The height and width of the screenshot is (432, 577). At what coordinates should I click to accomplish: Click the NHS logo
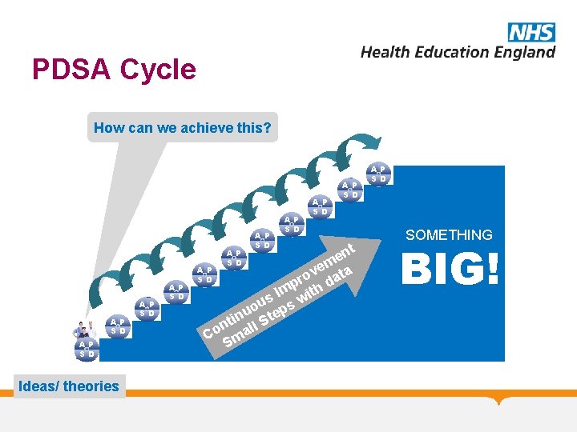(531, 31)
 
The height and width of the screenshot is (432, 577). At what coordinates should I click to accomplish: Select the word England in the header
(518, 52)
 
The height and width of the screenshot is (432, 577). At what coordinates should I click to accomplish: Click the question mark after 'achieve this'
(267, 127)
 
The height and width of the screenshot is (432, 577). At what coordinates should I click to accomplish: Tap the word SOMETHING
(449, 235)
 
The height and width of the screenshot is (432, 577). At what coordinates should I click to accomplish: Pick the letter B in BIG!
(419, 270)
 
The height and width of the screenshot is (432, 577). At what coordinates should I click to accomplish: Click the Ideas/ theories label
(68, 386)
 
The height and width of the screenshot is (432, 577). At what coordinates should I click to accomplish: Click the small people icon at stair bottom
(85, 329)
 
